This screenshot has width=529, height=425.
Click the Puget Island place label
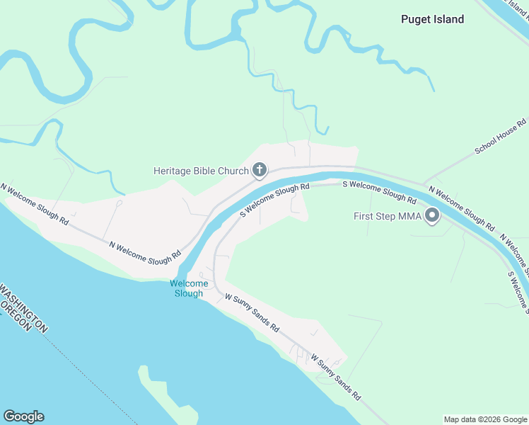[432, 19]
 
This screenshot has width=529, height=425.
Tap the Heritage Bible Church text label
[201, 171]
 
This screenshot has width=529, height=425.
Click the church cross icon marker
[260, 169]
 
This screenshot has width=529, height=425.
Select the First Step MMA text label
[387, 216]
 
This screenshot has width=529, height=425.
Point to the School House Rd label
[501, 137]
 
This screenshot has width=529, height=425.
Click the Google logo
[23, 416]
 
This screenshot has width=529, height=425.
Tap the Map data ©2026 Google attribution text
[485, 419]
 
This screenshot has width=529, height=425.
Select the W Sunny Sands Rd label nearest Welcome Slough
[252, 314]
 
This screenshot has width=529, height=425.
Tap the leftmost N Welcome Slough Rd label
[34, 204]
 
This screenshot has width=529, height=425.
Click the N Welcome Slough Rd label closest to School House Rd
[461, 208]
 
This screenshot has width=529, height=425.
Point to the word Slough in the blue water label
[188, 293]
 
